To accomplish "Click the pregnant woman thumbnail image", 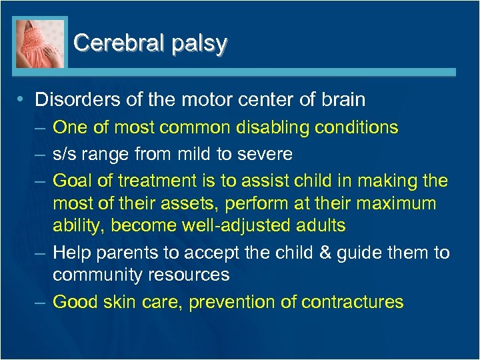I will point(41,43).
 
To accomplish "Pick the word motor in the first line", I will point(205,100).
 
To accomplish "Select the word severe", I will point(265,154).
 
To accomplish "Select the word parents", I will point(122,253).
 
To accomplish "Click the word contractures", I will point(352,302).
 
